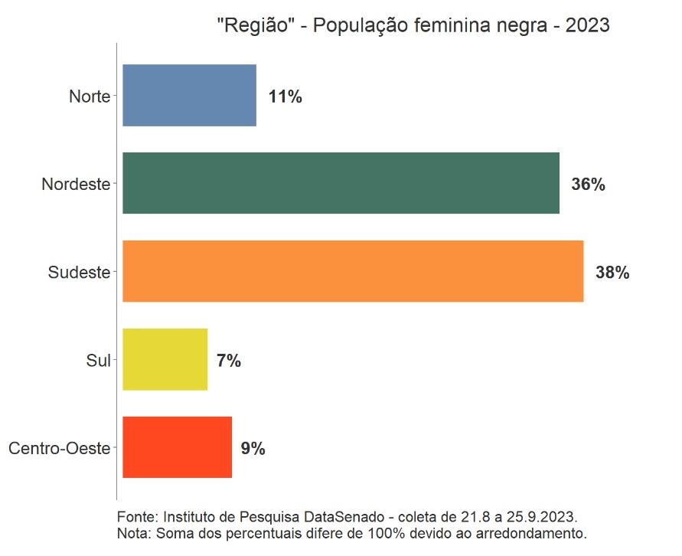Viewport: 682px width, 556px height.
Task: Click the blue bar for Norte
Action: [189, 95]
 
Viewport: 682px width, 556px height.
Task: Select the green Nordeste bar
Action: [341, 183]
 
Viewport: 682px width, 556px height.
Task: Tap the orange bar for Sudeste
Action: [353, 271]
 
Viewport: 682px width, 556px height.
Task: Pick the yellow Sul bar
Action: [165, 359]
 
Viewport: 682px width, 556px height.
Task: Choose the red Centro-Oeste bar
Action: [177, 447]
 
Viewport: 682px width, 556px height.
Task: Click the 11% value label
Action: [285, 97]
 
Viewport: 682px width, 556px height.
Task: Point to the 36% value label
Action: [588, 185]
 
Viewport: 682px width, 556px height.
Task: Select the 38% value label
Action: [612, 273]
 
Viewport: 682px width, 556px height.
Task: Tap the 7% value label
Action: [228, 361]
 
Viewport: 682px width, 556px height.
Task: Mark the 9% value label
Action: [253, 450]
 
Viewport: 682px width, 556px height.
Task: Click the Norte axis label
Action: [90, 97]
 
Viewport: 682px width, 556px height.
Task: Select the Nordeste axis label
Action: [76, 185]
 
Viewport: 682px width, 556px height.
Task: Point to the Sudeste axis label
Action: [79, 273]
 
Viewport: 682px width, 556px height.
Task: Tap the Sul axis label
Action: [98, 361]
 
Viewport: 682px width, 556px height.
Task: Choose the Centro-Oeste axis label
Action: [59, 450]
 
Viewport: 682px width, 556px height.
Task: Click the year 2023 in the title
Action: [587, 26]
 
